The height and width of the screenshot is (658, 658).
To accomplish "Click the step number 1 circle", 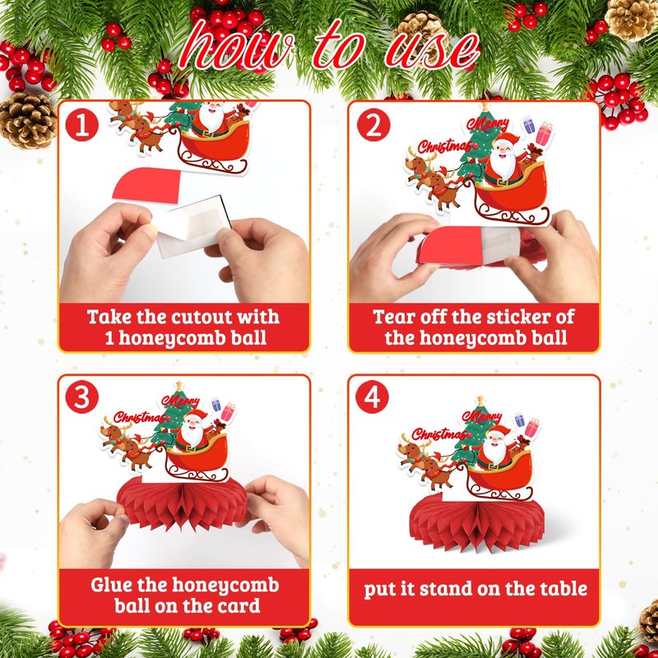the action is tap(81, 125).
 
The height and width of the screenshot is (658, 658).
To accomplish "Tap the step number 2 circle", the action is tap(373, 125).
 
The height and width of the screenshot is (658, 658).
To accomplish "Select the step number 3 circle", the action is tap(81, 397).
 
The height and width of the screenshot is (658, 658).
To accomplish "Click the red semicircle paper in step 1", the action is tap(146, 183).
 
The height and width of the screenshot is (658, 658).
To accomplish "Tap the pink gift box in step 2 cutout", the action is tap(544, 133).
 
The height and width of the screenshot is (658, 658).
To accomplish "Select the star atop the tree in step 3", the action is tap(179, 385).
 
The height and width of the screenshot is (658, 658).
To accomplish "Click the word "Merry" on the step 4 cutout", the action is tap(482, 415).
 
